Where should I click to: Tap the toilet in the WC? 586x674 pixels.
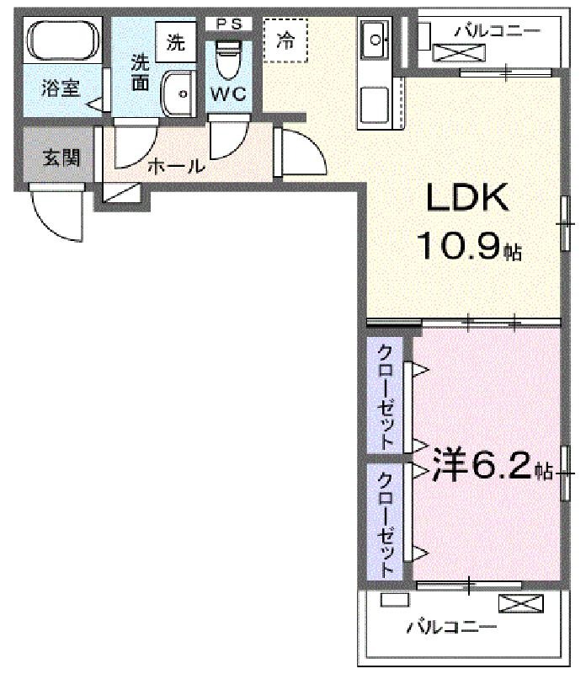click(x=228, y=60)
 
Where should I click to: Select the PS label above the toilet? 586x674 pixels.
click(x=228, y=24)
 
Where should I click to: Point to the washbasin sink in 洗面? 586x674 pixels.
click(x=178, y=94)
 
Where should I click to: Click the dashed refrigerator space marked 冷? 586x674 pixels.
click(x=285, y=40)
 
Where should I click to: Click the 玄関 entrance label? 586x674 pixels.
click(x=61, y=158)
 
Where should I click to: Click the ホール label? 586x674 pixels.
click(x=176, y=166)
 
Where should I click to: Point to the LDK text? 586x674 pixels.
click(x=467, y=197)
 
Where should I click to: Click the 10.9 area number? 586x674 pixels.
click(x=459, y=246)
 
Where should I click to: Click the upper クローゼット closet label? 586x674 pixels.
click(x=385, y=397)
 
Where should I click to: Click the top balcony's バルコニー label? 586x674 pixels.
click(x=497, y=31)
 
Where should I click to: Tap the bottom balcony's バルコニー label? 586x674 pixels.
click(x=451, y=627)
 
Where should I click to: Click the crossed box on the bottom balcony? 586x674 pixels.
click(x=520, y=603)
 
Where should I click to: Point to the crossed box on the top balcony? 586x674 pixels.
click(x=459, y=52)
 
